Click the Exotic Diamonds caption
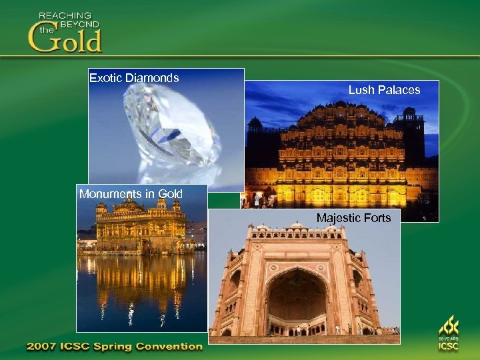pos(134,78)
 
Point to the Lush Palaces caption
pos(384,90)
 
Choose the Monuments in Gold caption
pos(131,194)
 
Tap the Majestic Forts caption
pos(353,218)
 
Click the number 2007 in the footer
pos(43,347)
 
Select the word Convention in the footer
pos(169,347)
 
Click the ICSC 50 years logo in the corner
pos(448,334)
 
